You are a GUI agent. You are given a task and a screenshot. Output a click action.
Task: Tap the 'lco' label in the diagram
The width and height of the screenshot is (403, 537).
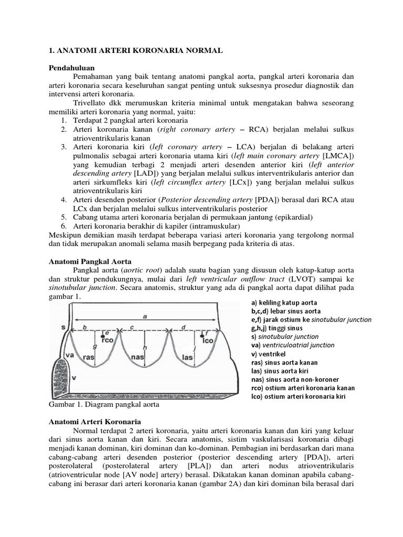click(x=208, y=339)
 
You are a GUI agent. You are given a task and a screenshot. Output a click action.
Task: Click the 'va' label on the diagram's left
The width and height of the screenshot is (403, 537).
click(x=69, y=355)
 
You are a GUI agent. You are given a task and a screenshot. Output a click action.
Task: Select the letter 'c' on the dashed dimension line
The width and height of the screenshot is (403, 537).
click(x=133, y=327)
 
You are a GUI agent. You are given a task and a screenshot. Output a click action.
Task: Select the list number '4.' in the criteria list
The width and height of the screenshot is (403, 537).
click(x=63, y=200)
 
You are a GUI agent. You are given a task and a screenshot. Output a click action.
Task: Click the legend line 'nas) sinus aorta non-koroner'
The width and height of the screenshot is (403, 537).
click(x=295, y=379)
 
